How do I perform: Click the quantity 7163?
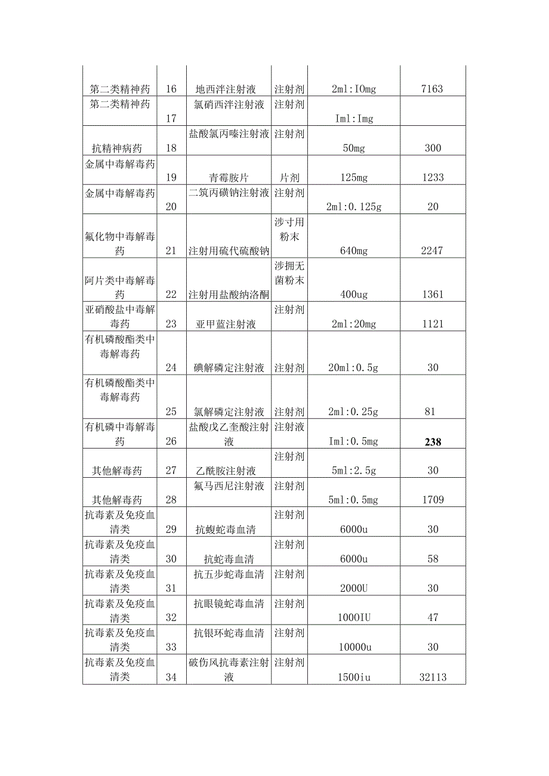coord(431,89)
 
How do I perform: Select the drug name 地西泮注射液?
coord(226,89)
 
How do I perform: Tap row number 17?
coord(171,119)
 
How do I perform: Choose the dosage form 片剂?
coord(289,177)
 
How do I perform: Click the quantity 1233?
coord(431,177)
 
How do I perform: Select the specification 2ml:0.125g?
coord(354,206)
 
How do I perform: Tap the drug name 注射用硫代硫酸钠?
coord(229,251)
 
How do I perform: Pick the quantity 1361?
coord(431,294)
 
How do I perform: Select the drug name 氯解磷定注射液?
coord(229,412)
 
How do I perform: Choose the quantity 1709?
coord(431,500)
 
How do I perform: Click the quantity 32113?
coord(431,677)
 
